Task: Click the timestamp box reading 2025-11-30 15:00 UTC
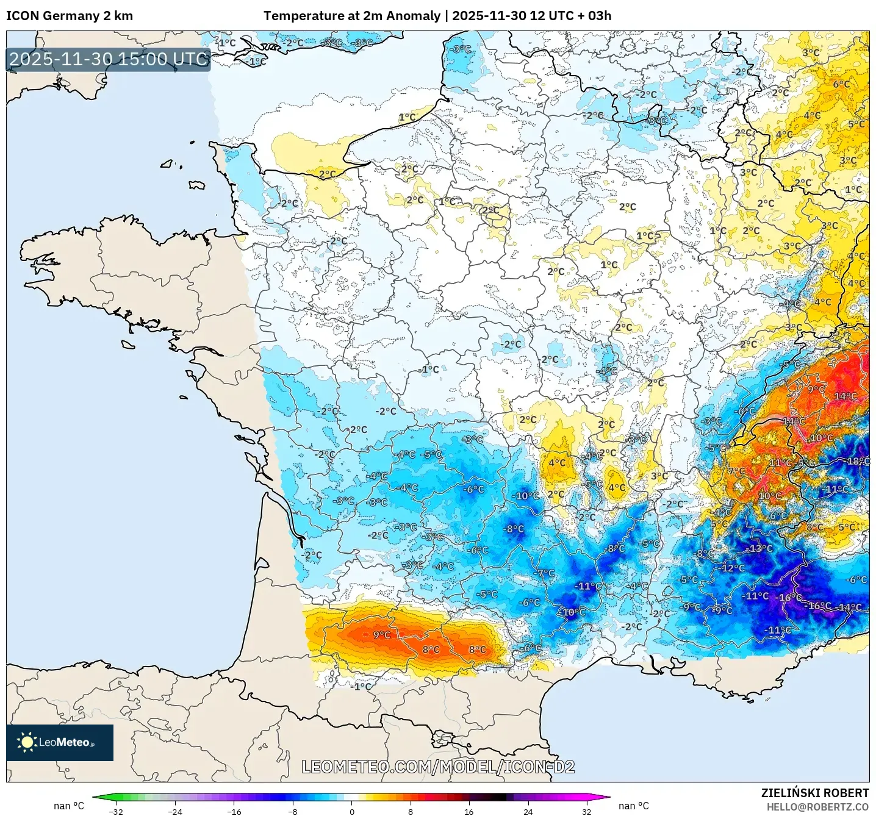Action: (109, 59)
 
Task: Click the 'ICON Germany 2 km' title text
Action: (70, 16)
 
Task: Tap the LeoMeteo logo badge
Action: (60, 742)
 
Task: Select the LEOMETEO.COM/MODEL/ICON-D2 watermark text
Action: (438, 767)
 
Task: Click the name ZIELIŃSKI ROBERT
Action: (815, 793)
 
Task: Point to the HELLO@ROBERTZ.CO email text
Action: (817, 807)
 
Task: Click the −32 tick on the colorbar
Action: (116, 811)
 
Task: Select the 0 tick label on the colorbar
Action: (351, 811)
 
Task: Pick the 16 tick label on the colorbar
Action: (469, 811)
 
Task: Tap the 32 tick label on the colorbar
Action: (586, 811)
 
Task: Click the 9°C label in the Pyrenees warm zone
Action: (382, 635)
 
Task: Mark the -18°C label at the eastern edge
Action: (857, 461)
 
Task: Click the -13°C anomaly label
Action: (760, 548)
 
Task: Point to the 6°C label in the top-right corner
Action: (841, 84)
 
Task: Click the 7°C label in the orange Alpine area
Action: (736, 471)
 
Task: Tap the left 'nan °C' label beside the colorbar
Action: (68, 806)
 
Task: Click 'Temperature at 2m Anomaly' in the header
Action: (352, 16)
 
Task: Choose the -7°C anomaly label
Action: (545, 573)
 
